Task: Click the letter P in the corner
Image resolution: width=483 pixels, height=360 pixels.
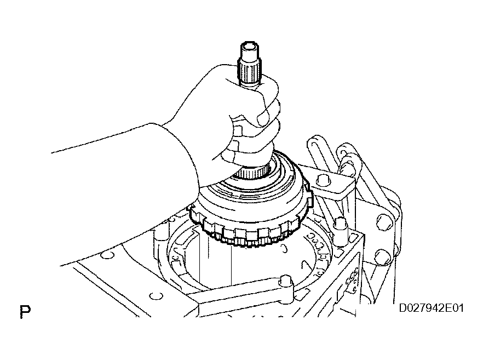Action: pos(25,312)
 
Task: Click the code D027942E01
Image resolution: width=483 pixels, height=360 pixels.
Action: pos(432,308)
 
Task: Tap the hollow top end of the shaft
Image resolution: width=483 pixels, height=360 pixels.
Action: pos(249,48)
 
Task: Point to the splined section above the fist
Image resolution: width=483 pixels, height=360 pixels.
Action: pos(249,71)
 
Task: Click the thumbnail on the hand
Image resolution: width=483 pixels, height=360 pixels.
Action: pos(263,118)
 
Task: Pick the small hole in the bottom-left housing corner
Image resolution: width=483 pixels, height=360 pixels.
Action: pos(156,296)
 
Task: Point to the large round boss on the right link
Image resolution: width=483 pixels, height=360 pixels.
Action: pos(384,222)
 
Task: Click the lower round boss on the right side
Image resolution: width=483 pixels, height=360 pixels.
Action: pos(382,257)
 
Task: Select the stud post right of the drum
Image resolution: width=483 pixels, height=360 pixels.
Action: pos(340,228)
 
